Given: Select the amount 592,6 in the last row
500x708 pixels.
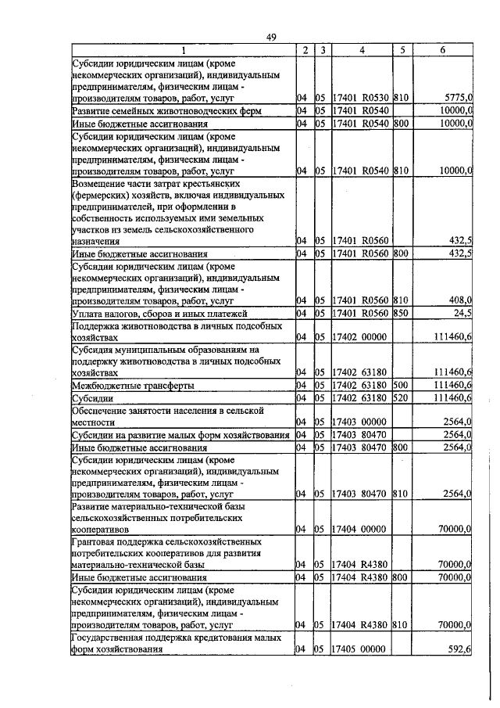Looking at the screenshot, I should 459,649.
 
